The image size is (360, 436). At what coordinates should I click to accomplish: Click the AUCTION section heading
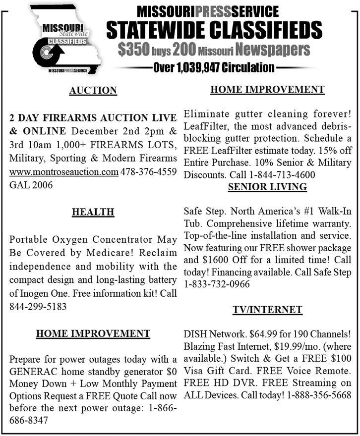coord(93,90)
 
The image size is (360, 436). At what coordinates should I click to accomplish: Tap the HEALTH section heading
coord(93,212)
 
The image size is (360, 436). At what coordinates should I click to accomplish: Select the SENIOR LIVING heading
coord(267,187)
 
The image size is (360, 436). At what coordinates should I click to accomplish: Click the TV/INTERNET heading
coord(267,310)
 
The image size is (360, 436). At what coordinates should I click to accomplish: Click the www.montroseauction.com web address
coord(63,172)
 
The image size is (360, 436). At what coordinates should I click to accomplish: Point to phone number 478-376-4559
coord(149,172)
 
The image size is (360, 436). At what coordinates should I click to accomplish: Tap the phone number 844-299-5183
coord(37,306)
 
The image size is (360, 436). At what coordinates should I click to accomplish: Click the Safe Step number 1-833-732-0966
coord(217,284)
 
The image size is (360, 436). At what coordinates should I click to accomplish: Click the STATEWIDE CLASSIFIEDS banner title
coord(214,30)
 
